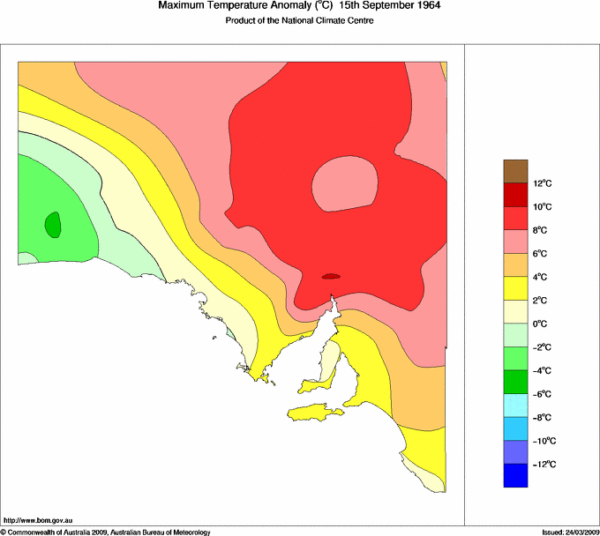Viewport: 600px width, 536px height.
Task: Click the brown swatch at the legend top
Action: click(515, 171)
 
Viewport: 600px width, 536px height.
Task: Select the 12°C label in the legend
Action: click(542, 183)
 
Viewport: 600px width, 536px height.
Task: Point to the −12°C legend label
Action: click(543, 464)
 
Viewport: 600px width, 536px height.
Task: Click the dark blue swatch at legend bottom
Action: click(515, 475)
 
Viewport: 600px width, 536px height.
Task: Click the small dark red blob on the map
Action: click(331, 276)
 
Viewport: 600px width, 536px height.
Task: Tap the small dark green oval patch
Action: click(53, 224)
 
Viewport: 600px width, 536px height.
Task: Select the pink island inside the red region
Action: click(345, 183)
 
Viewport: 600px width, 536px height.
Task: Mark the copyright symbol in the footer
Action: click(4, 532)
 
